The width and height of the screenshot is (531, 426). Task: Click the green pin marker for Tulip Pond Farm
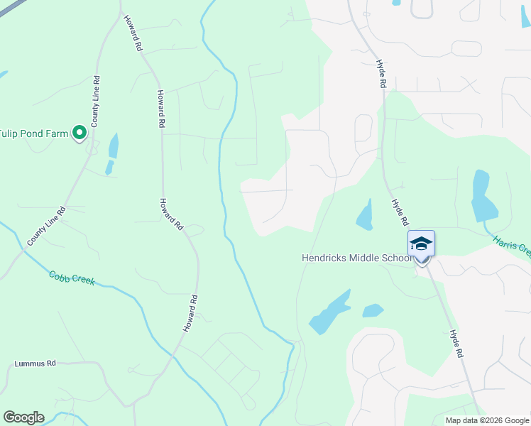(x=80, y=133)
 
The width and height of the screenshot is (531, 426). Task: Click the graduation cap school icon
(x=421, y=244)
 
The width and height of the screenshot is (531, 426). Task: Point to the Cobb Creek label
(x=71, y=278)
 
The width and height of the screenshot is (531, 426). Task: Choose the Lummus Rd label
(x=35, y=364)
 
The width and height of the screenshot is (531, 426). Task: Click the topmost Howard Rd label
(x=133, y=33)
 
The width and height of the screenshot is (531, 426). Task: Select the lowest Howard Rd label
(x=189, y=314)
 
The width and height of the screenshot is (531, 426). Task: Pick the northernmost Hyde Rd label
(x=381, y=73)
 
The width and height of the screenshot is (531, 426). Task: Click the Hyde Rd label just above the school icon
(x=399, y=209)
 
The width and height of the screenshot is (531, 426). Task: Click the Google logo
(x=23, y=417)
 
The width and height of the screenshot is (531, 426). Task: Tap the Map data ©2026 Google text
(x=487, y=420)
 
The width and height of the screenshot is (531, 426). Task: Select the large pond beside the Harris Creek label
(x=483, y=197)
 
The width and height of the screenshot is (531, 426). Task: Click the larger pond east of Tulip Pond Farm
(x=113, y=146)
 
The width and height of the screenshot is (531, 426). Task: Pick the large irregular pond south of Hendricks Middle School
(x=329, y=312)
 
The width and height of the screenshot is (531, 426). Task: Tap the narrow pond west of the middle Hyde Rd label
(x=365, y=215)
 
